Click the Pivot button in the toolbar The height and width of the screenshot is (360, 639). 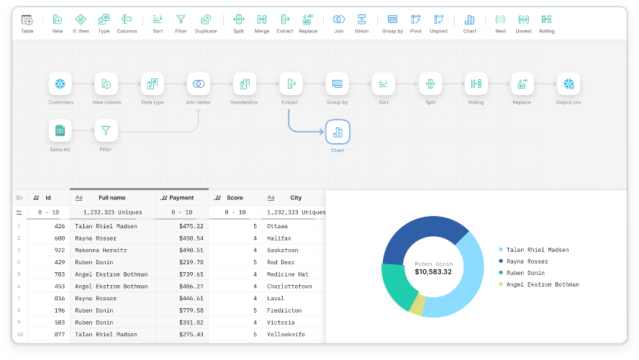click(x=416, y=24)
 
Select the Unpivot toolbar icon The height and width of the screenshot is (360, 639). click(x=438, y=24)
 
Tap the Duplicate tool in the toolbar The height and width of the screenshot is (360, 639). click(x=206, y=24)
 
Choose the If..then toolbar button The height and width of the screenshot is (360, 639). click(x=81, y=24)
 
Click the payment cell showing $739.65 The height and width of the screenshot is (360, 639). click(x=191, y=274)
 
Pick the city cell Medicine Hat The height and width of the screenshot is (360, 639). click(x=287, y=274)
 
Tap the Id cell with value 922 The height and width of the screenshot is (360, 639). click(x=60, y=251)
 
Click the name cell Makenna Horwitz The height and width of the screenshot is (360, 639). click(x=101, y=251)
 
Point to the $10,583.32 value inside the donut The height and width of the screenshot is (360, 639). click(x=433, y=272)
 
